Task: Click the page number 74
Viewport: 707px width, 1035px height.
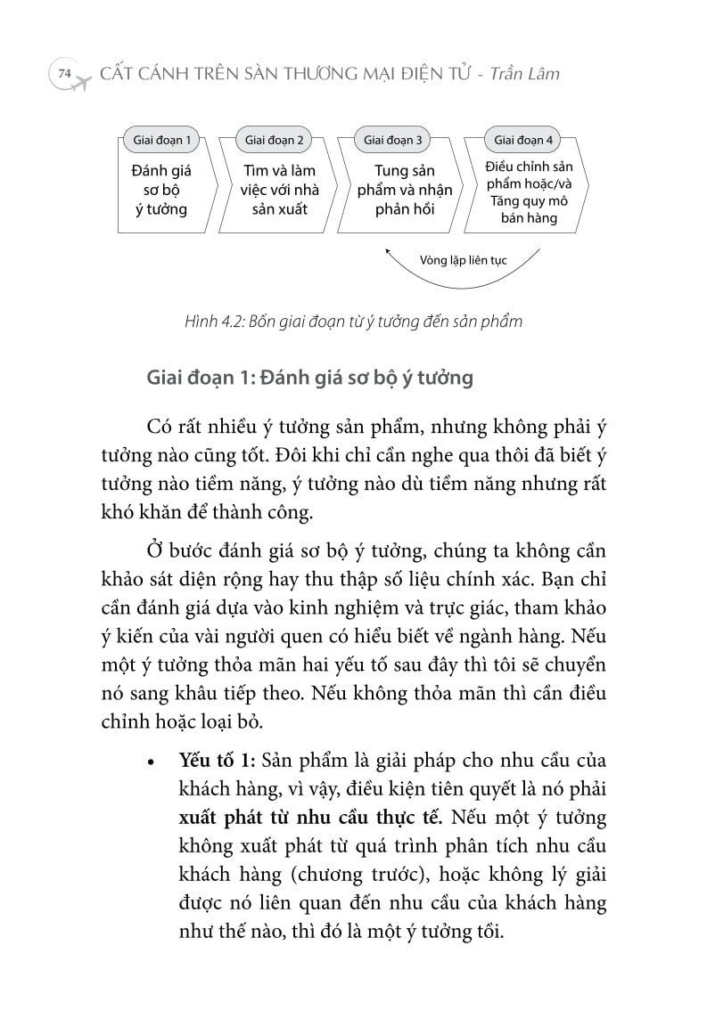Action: [x=62, y=74]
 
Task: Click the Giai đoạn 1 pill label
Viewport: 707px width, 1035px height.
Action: [x=160, y=140]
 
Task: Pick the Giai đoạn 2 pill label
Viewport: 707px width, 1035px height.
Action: [x=274, y=140]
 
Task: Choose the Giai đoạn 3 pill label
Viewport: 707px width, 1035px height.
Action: [x=393, y=140]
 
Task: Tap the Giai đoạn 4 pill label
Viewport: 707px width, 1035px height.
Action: [x=522, y=140]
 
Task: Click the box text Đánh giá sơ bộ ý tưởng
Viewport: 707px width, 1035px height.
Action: [x=161, y=189]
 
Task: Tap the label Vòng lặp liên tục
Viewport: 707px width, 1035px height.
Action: [x=463, y=260]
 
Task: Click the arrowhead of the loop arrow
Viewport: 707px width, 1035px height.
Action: [x=389, y=253]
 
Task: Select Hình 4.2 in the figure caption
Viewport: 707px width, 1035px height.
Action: [x=211, y=322]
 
